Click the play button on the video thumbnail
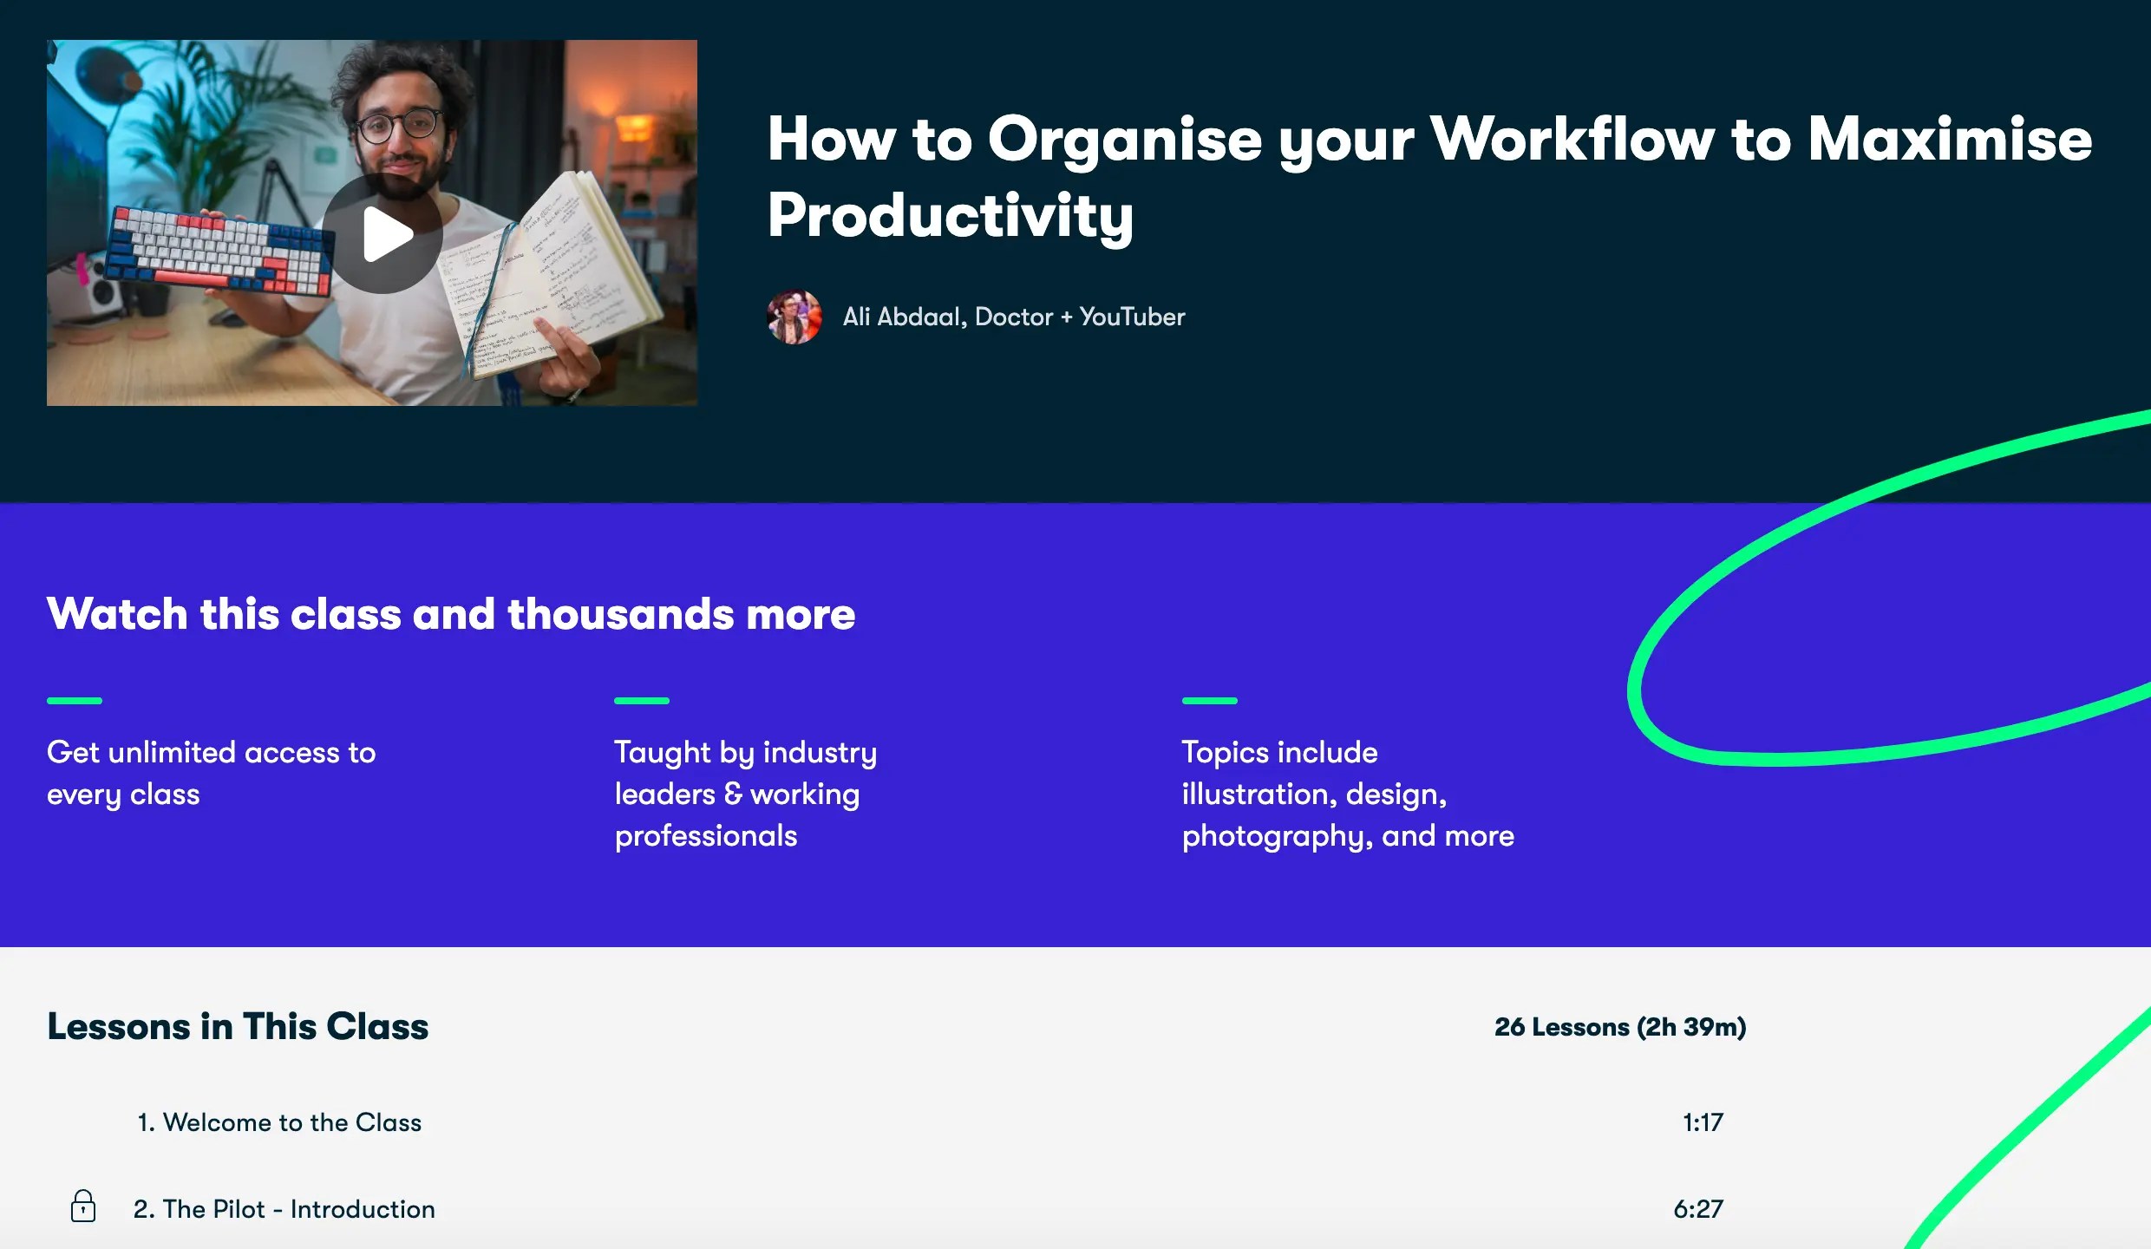click(x=383, y=233)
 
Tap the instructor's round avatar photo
click(x=794, y=317)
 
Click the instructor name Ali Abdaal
click(x=902, y=317)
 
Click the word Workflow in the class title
click(x=1571, y=139)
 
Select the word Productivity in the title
click(x=950, y=215)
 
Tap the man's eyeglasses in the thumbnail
click(x=398, y=127)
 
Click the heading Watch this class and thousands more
click(x=451, y=614)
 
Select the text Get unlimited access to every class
click(x=211, y=773)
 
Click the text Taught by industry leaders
click(x=745, y=772)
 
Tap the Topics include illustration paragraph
click(x=1347, y=794)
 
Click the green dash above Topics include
click(x=1209, y=700)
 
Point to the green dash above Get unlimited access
click(x=75, y=700)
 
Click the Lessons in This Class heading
click(x=238, y=1026)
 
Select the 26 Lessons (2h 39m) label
click(x=1619, y=1027)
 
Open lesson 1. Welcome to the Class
click(x=279, y=1122)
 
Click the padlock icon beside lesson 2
click(x=83, y=1206)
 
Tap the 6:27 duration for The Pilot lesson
click(x=1697, y=1209)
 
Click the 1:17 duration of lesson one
click(x=1703, y=1122)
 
